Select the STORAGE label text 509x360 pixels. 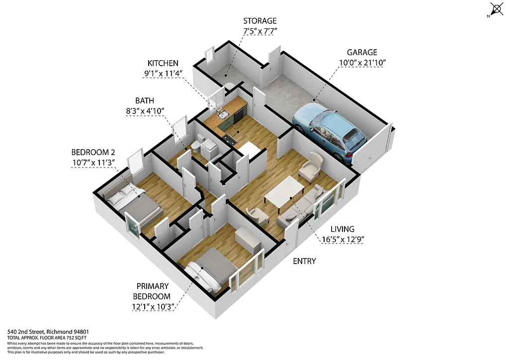click(259, 21)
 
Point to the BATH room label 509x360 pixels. click(145, 100)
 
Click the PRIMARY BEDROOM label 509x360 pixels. click(154, 291)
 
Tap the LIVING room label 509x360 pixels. click(343, 229)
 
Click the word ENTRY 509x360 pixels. click(304, 261)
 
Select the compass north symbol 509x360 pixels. click(496, 9)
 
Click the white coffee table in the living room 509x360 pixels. click(284, 191)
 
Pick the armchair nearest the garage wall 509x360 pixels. click(311, 167)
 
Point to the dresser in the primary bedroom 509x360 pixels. click(248, 240)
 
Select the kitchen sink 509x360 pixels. click(223, 115)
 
